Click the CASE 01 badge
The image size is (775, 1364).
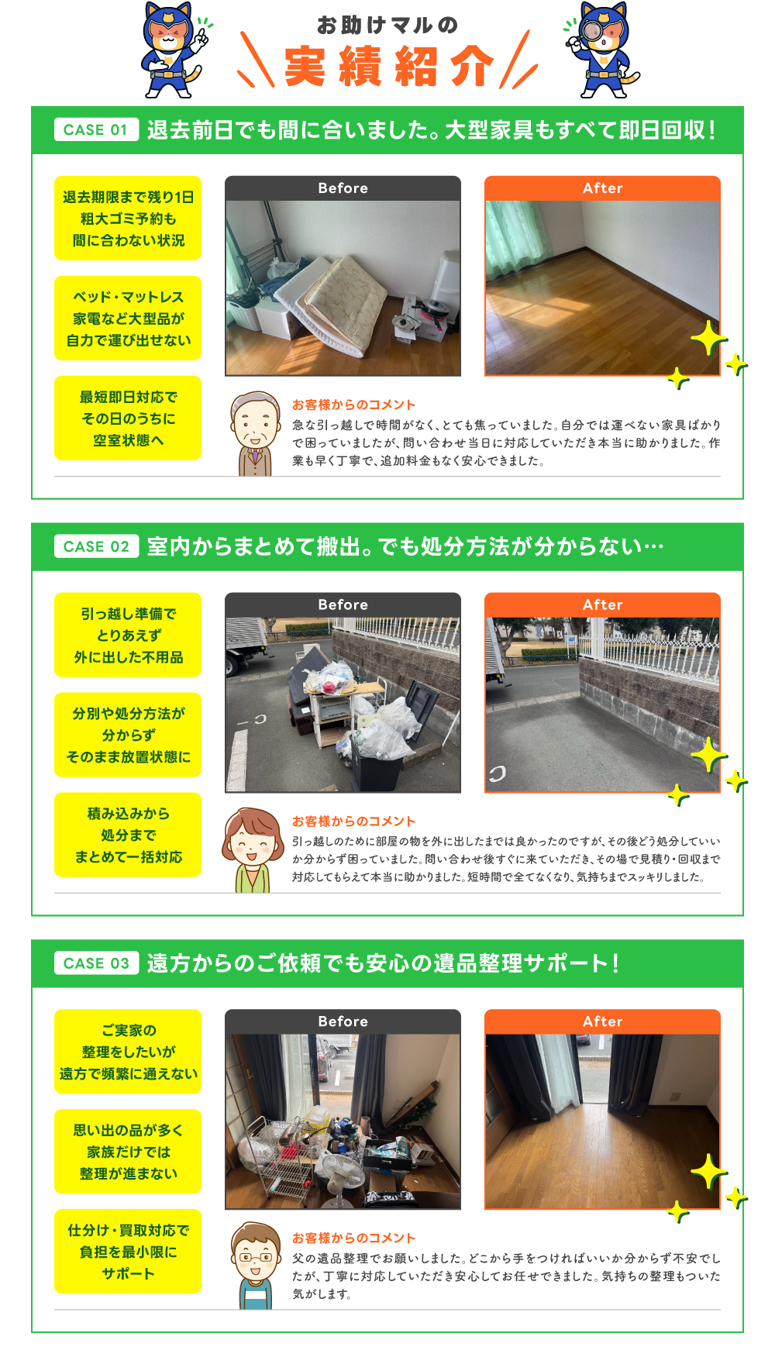click(96, 129)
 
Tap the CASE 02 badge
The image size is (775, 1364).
click(96, 546)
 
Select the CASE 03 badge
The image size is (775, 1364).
click(96, 963)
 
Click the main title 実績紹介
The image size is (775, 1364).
click(389, 67)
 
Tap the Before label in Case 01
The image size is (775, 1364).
click(343, 188)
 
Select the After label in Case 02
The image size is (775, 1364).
click(602, 605)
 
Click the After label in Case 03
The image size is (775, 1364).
click(602, 1021)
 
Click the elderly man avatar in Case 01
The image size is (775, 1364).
click(256, 433)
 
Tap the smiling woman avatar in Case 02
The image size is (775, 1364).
click(253, 850)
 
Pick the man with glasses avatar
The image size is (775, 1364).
click(256, 1266)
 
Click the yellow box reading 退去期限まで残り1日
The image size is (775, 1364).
click(128, 219)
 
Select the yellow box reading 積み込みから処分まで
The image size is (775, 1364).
click(128, 835)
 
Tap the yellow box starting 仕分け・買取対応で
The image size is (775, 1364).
click(128, 1252)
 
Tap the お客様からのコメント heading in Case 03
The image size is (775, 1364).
click(353, 1238)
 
